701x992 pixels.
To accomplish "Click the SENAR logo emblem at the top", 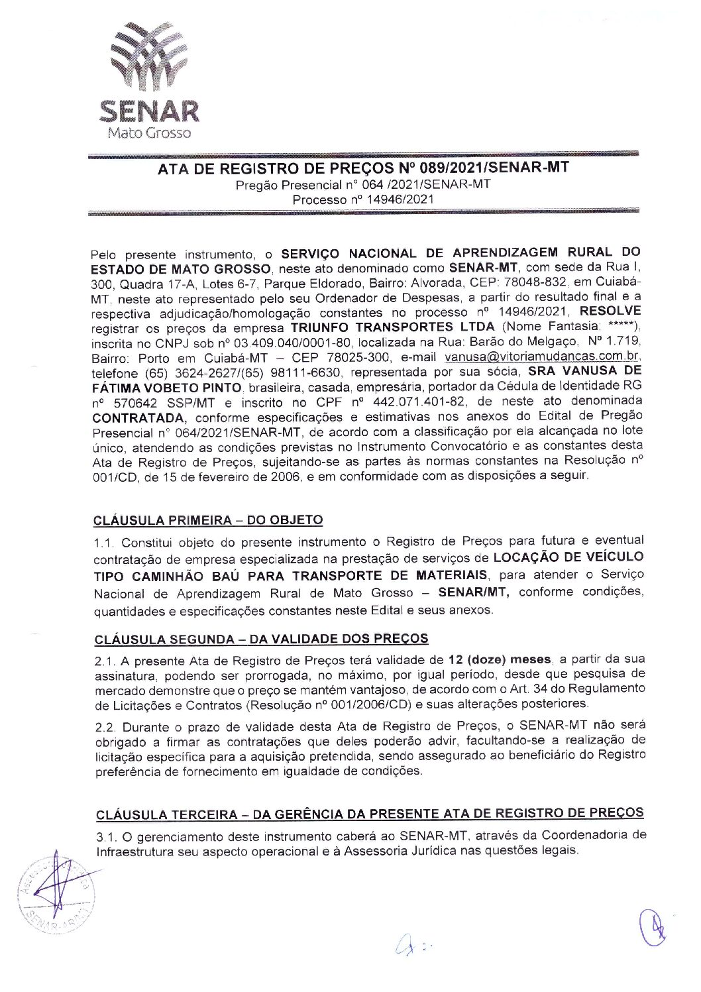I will point(149,58).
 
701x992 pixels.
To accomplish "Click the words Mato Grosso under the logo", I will point(149,133).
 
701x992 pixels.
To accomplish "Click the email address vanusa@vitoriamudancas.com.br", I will point(541,357).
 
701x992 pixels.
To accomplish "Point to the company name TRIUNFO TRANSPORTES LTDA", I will point(393,327).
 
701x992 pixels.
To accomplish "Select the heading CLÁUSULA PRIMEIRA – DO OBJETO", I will point(208,520).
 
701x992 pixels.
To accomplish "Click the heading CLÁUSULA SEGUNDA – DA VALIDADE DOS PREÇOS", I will point(261,639).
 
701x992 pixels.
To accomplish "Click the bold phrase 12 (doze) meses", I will point(499,660).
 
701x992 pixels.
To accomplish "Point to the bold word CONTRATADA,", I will point(140,418).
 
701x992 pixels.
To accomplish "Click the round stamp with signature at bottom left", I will point(56,893).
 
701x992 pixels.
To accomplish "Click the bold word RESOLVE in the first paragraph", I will point(610,311).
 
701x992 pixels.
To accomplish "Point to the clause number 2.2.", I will point(105,727).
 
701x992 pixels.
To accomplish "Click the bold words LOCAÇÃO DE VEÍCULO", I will point(568,557).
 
